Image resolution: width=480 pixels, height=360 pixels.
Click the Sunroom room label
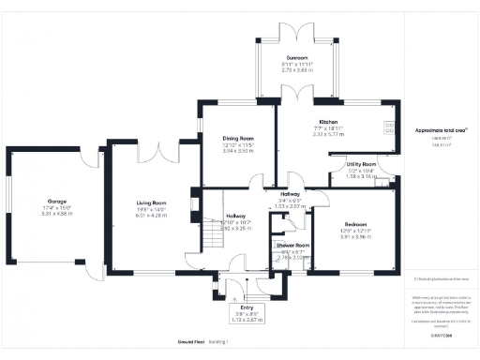coord(297,58)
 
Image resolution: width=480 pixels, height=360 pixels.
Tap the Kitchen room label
coord(328,123)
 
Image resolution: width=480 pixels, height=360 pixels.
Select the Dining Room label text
coord(237,138)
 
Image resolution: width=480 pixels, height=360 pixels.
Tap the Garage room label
coord(56,202)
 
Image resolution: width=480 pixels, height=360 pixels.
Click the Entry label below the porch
coord(247,307)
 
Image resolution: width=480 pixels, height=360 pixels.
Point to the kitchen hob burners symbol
coord(389,129)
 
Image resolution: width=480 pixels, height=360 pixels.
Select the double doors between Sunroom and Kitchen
coord(298,94)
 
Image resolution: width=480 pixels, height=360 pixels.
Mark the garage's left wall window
coord(7,202)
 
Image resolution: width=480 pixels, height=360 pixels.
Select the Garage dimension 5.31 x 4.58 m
coord(56,214)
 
